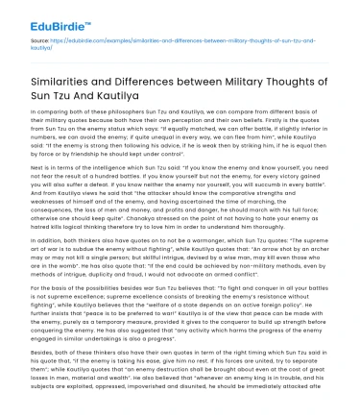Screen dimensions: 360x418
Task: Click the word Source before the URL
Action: tap(29, 44)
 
